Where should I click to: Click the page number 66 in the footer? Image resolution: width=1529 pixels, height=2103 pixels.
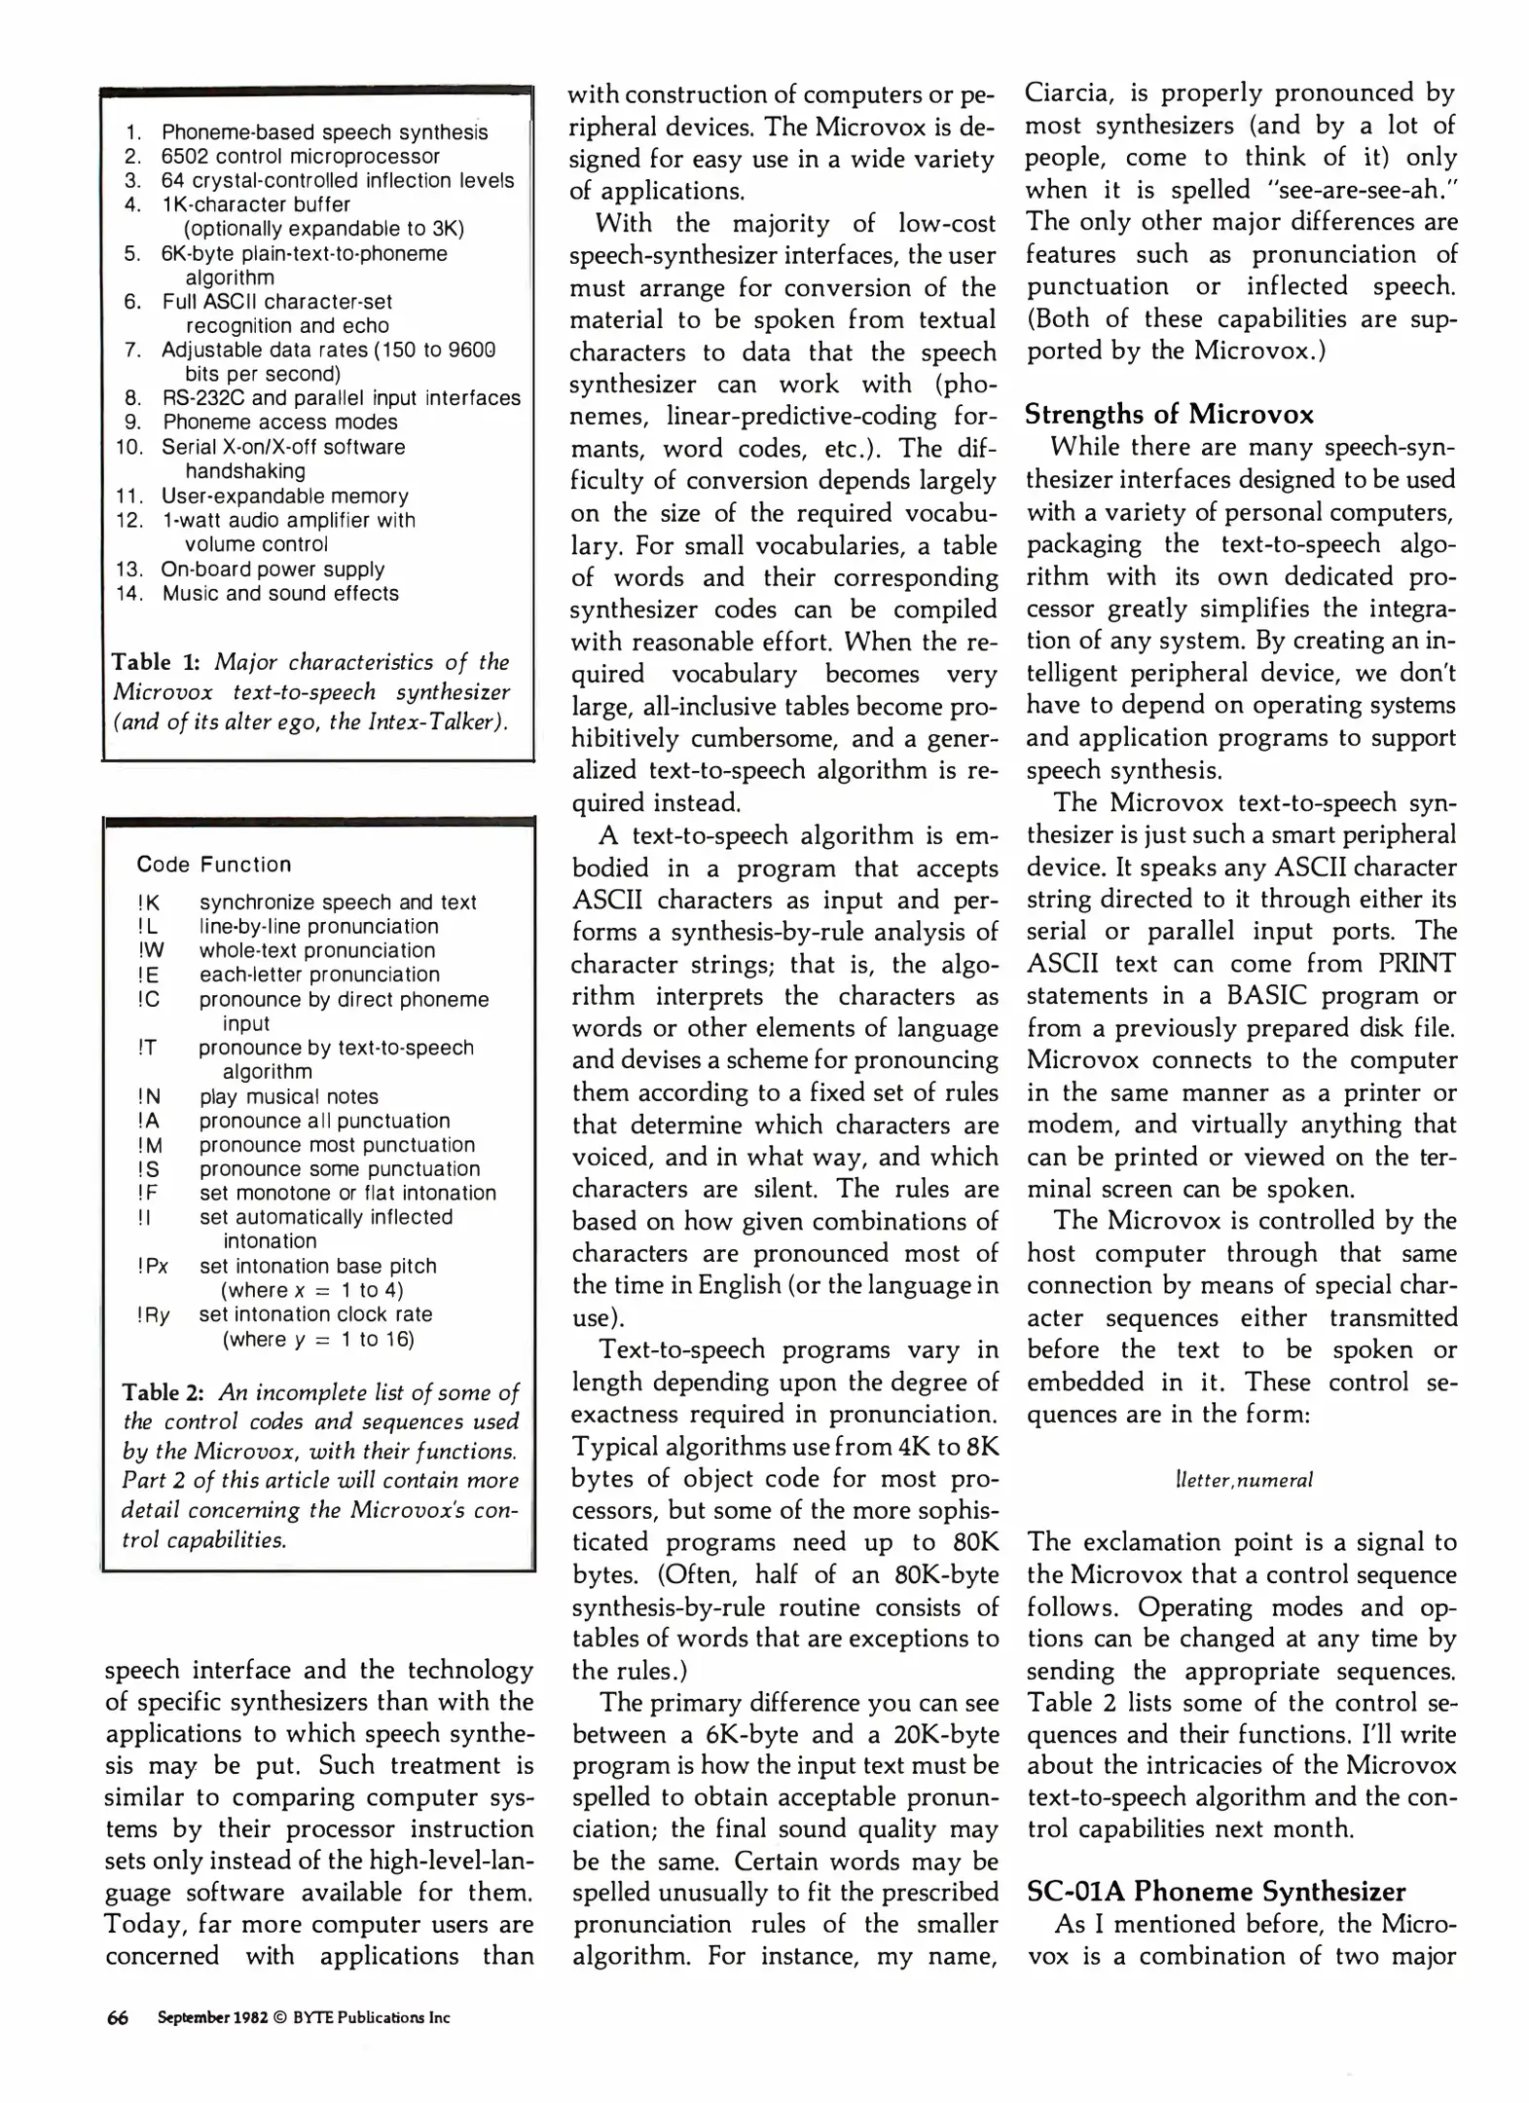point(117,2017)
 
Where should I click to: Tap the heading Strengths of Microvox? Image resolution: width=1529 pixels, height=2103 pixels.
point(1169,415)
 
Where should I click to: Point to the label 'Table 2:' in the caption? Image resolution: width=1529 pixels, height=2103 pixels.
point(164,1392)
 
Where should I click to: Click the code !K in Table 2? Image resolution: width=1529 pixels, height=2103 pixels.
point(148,903)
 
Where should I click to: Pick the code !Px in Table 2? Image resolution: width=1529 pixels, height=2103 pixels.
point(153,1267)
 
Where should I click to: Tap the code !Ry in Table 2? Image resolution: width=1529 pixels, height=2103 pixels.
point(153,1314)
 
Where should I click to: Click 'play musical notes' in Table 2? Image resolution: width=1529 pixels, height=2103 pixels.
point(288,1096)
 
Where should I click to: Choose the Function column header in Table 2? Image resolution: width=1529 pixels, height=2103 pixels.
point(245,865)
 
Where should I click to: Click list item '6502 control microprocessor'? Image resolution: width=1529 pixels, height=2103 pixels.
point(300,156)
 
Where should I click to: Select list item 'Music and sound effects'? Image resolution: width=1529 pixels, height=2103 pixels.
point(280,593)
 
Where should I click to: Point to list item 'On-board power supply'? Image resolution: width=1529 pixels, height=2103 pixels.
point(273,569)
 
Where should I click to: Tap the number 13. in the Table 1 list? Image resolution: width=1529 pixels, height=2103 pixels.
point(128,569)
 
